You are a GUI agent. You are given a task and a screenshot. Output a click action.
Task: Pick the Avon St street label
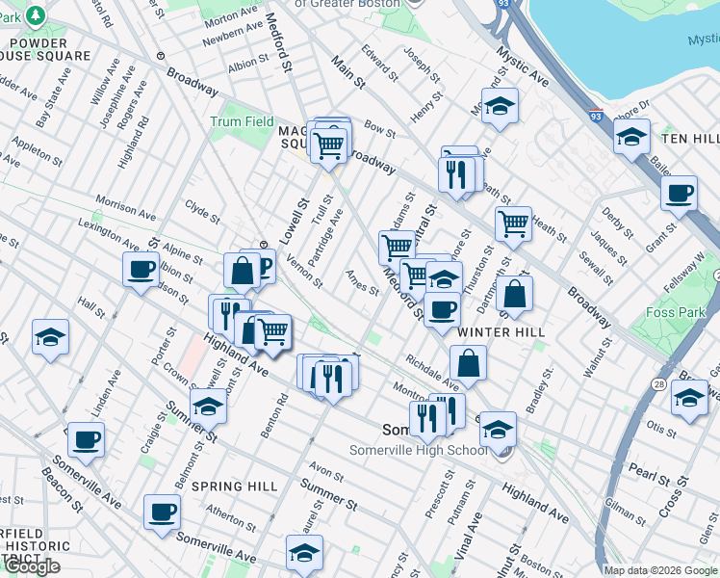click(326, 475)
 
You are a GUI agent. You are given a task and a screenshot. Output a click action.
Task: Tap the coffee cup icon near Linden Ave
click(86, 438)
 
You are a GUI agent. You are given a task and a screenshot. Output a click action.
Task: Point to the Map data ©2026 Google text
click(660, 569)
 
